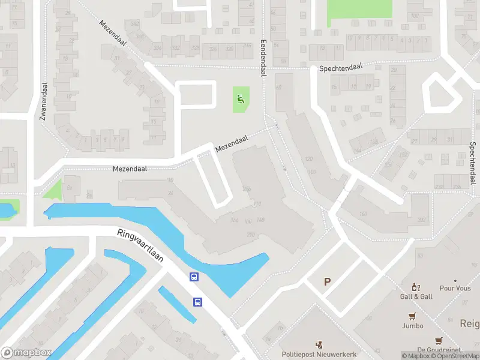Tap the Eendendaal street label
(x=263, y=58)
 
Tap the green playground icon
(x=241, y=99)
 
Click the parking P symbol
(x=327, y=281)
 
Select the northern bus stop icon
(x=194, y=277)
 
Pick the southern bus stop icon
(x=197, y=302)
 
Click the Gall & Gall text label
(x=416, y=297)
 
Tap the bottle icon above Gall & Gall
(x=414, y=287)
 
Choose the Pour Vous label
(x=455, y=288)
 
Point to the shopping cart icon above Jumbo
(x=412, y=316)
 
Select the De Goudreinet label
(x=439, y=350)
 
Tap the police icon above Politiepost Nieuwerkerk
(x=319, y=344)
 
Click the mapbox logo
(x=26, y=353)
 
